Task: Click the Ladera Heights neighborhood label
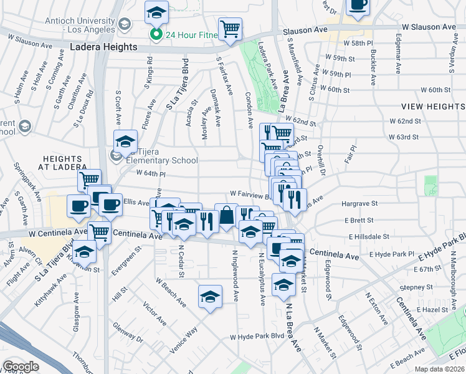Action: click(103, 47)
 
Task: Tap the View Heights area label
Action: click(432, 107)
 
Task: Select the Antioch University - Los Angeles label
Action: click(80, 25)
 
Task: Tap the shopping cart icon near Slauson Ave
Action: click(230, 28)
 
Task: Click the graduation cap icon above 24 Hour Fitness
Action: click(156, 12)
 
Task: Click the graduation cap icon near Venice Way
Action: click(211, 295)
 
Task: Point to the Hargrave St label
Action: click(359, 203)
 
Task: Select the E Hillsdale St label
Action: click(369, 237)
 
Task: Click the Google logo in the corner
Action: click(21, 367)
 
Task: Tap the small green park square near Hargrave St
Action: click(430, 184)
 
